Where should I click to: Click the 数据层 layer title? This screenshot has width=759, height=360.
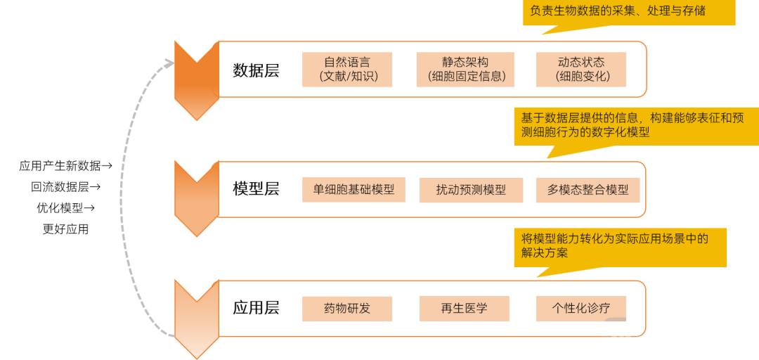click(256, 70)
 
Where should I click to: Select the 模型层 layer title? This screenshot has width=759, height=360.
click(256, 189)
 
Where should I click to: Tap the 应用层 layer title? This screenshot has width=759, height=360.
click(256, 308)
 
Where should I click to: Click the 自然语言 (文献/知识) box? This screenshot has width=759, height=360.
click(347, 70)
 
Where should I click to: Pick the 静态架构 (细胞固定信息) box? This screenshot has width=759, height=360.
click(465, 70)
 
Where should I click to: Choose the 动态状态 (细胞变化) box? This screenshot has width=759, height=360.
click(581, 70)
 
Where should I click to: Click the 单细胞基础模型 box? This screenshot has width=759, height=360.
click(353, 189)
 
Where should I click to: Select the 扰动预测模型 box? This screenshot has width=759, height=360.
click(471, 189)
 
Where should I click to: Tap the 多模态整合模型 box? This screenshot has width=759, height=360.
click(588, 189)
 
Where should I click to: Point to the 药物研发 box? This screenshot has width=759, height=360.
click(347, 309)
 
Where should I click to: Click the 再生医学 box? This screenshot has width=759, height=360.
click(465, 309)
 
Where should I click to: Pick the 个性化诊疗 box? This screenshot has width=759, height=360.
click(581, 309)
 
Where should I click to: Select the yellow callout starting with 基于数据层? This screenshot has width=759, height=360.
click(637, 127)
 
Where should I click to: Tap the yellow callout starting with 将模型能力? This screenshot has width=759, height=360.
click(620, 247)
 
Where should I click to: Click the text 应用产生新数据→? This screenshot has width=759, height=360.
click(66, 166)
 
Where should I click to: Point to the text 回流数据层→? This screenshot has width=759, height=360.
click(66, 187)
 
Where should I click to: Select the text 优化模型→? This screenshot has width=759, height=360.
click(66, 208)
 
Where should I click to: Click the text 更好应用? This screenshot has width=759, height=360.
click(66, 229)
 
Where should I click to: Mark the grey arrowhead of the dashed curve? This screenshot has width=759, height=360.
click(169, 63)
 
